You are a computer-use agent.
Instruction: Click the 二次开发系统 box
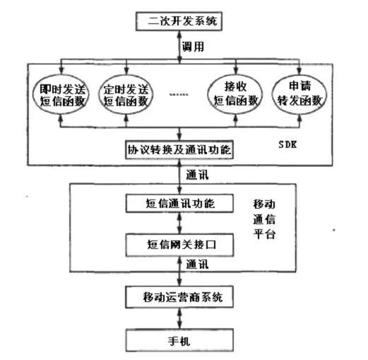179,21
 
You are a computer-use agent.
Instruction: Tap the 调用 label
193,47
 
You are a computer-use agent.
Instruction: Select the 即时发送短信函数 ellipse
61,95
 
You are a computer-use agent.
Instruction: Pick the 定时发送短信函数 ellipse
126,95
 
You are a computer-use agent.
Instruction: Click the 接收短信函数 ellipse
235,94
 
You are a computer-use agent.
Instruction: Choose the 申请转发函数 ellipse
299,94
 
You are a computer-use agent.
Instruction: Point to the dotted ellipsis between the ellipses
179,95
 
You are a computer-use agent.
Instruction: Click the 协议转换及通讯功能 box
179,150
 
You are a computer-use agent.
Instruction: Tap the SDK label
287,144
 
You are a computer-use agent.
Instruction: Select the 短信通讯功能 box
179,203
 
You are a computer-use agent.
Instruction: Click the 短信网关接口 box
179,245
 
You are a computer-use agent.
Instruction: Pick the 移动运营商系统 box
179,297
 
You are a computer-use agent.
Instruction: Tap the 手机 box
179,340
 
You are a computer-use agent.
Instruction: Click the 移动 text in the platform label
264,204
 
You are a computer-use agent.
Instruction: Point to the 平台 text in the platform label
264,234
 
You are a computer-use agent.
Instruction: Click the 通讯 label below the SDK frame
197,175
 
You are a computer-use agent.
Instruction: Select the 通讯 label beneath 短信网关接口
197,265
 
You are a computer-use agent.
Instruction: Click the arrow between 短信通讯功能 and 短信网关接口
179,223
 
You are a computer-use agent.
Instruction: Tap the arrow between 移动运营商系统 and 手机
179,318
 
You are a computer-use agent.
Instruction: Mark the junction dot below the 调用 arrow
179,58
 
